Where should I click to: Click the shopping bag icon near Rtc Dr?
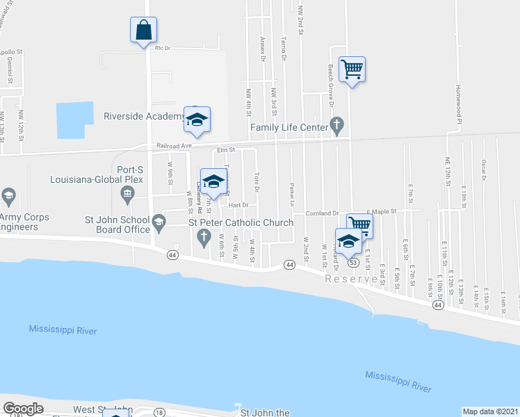coord(143,31)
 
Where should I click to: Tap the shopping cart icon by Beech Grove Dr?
coord(352,69)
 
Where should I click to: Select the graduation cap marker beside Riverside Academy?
coord(197,120)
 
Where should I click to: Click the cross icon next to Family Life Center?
coord(337,126)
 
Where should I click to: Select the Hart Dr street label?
coord(238,205)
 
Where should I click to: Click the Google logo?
coord(23,409)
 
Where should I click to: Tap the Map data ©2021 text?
coord(490,411)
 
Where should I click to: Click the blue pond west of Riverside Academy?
coord(74,120)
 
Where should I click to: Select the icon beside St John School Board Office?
coord(159,223)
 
